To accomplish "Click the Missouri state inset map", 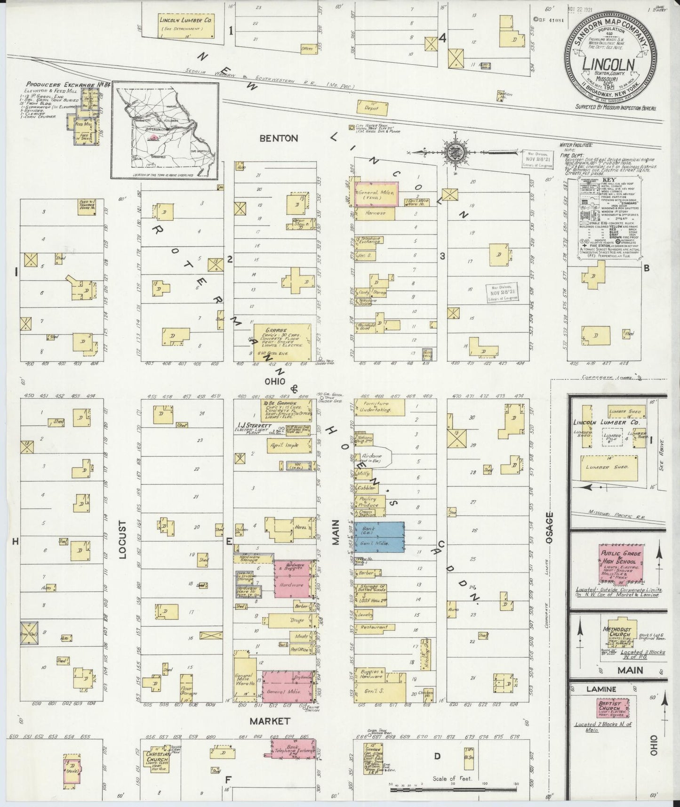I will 165,131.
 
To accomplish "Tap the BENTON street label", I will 279,138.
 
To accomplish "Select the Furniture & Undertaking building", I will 379,407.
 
